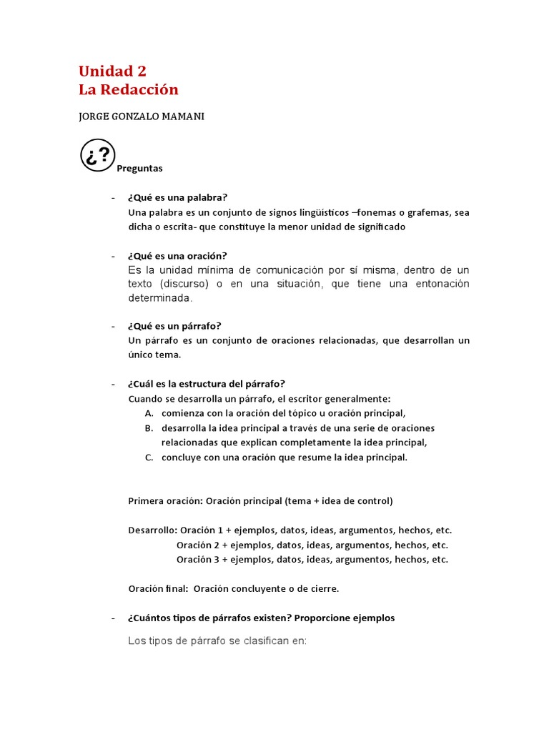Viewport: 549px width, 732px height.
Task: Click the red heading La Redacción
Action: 129,90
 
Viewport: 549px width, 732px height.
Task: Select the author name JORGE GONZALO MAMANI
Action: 142,117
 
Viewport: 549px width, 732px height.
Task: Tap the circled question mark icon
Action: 98,155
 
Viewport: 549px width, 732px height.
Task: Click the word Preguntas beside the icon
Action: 139,169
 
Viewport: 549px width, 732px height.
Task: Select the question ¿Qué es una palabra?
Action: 177,197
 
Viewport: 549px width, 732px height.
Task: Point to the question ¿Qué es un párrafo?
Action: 174,326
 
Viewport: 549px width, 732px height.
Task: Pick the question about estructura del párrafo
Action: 207,384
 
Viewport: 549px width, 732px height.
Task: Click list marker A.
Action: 148,413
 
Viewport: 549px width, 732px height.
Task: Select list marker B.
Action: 148,428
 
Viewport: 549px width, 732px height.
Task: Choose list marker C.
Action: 148,457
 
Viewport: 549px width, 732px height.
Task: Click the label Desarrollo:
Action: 152,530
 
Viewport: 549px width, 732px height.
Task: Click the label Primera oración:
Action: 165,501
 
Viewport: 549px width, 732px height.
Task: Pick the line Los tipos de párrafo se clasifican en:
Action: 217,640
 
